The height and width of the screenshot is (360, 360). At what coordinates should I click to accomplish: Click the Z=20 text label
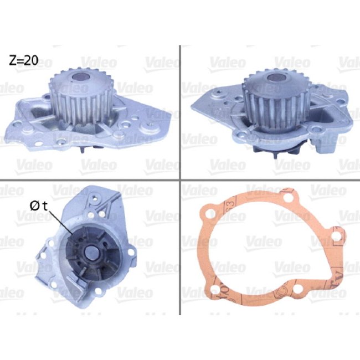[23, 60]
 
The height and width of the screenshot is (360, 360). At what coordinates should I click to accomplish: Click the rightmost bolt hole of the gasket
[337, 236]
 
